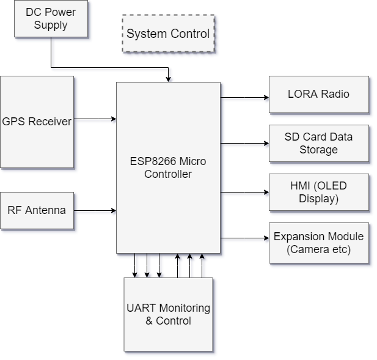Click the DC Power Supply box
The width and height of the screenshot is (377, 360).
pyautogui.click(x=51, y=19)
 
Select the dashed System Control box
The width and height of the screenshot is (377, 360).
pyautogui.click(x=168, y=33)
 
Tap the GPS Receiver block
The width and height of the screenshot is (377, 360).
pyautogui.click(x=37, y=122)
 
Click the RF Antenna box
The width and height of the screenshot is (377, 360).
pyautogui.click(x=37, y=210)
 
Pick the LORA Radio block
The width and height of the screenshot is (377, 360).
pyautogui.click(x=319, y=94)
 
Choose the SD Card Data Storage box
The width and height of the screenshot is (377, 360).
pyautogui.click(x=319, y=143)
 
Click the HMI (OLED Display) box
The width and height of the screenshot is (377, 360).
pyautogui.click(x=319, y=192)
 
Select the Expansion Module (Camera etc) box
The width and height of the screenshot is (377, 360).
pyautogui.click(x=319, y=243)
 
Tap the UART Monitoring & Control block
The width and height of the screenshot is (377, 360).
pyautogui.click(x=168, y=314)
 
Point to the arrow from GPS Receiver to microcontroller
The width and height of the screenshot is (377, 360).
pyautogui.click(x=95, y=119)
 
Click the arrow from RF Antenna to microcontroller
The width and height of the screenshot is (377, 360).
pyautogui.click(x=95, y=211)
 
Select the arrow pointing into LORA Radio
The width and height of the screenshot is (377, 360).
pyautogui.click(x=244, y=97)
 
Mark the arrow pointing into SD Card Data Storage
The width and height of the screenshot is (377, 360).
pyautogui.click(x=244, y=143)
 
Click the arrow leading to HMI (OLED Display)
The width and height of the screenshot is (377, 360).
pyautogui.click(x=244, y=192)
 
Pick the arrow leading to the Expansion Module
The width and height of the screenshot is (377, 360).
pyautogui.click(x=244, y=238)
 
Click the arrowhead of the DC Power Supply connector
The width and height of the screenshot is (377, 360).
pyautogui.click(x=168, y=79)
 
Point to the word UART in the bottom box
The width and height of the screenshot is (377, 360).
pyautogui.click(x=141, y=308)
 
